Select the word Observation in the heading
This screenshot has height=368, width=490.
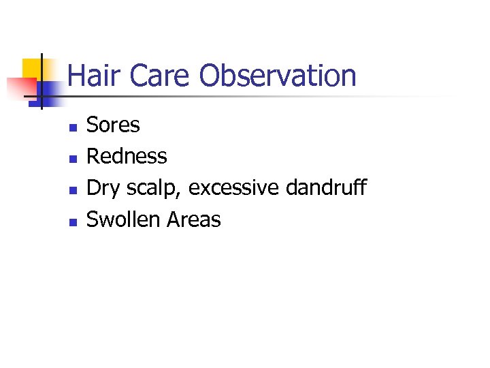click(x=278, y=76)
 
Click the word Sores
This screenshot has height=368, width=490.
click(x=113, y=125)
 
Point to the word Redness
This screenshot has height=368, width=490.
click(x=127, y=157)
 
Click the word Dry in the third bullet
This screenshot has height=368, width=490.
click(x=101, y=188)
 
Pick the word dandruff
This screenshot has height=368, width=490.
click(x=326, y=188)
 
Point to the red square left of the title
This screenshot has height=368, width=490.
click(x=20, y=87)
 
